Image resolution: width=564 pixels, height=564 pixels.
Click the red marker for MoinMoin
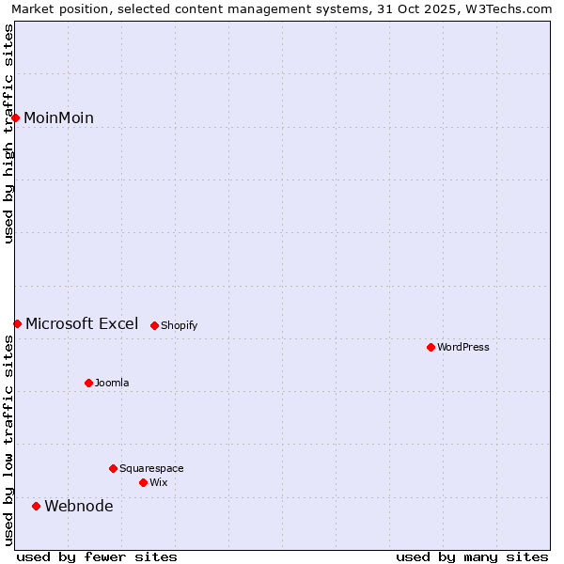point(16,117)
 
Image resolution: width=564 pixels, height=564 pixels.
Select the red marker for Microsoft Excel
point(17,323)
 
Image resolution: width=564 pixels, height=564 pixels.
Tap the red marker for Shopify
point(154,325)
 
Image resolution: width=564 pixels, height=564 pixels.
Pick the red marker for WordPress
point(431,347)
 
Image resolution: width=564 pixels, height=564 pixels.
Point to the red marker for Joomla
point(89,383)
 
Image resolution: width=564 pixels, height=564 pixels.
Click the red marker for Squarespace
point(113,468)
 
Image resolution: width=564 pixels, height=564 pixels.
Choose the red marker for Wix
point(143,482)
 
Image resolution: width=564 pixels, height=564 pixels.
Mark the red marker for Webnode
point(37,506)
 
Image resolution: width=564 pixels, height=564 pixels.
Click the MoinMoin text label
point(58,117)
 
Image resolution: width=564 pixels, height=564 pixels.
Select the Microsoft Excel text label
point(82,323)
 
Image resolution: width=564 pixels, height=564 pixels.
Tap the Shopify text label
point(179,325)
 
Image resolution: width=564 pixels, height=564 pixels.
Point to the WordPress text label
point(462,347)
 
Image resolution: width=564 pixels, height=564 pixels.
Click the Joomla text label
point(112,383)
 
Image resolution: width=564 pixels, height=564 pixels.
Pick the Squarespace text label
point(151,468)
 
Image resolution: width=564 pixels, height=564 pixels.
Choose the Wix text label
point(158,482)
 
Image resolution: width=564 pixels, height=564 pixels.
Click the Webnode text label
point(79,506)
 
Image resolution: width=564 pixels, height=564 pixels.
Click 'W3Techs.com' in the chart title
point(507,8)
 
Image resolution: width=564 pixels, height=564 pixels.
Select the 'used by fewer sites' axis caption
point(97,556)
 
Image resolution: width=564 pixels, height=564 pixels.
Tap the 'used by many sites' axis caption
point(472,556)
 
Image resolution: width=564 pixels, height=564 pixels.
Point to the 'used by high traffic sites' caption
point(8,133)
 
